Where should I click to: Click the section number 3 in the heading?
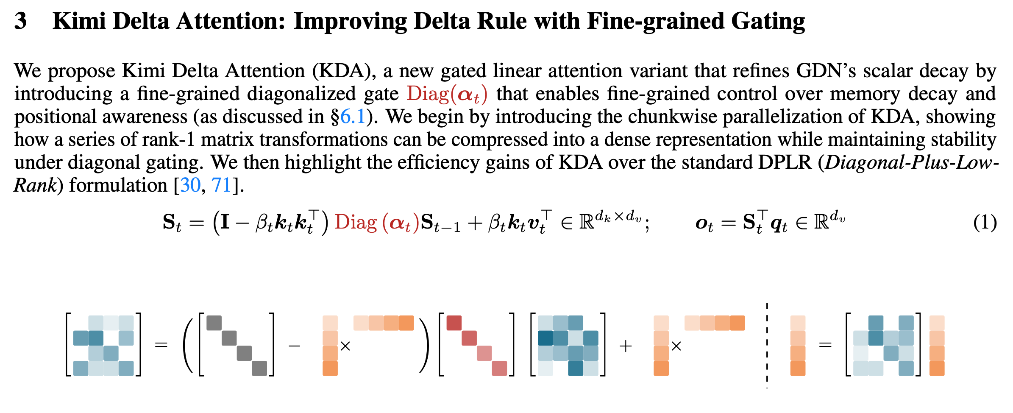pos(20,21)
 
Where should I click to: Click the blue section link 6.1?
pos(353,117)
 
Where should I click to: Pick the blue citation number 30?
pos(190,185)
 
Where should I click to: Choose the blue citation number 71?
pos(221,185)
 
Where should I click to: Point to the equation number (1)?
pos(985,223)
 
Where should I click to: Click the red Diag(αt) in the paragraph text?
pos(447,94)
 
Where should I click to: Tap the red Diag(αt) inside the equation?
pos(377,223)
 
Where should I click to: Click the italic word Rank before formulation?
pos(35,185)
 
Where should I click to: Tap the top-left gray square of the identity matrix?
pos(214,323)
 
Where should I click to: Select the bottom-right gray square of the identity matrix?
pos(259,368)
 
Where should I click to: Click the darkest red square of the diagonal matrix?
pos(454,323)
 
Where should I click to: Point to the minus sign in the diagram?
pos(294,346)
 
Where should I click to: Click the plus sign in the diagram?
pos(626,346)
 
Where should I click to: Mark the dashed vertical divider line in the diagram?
pos(767,346)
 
